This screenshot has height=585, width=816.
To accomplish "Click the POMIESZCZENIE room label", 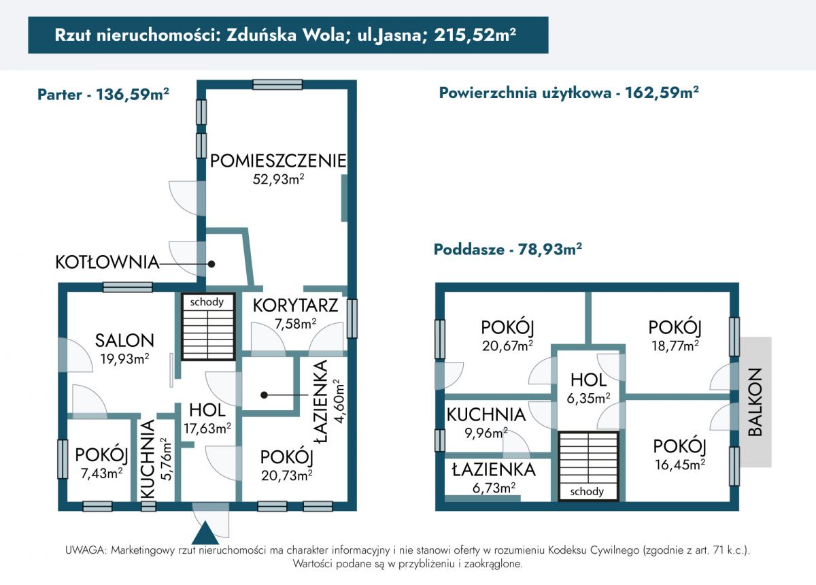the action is [278, 161].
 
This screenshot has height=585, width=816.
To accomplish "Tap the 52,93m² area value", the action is [278, 179].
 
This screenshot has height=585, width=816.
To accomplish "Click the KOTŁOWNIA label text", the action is [107, 263].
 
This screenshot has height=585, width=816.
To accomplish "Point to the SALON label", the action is [124, 340].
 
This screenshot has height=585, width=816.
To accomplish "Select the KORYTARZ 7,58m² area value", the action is [295, 323].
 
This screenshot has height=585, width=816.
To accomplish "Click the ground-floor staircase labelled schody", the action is [208, 327].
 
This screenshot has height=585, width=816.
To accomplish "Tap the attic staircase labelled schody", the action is [588, 466].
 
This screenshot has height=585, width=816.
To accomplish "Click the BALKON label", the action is [755, 402].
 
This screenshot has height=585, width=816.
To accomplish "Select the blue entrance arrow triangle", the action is [205, 533].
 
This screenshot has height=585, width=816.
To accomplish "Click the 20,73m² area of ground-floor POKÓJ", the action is [287, 475].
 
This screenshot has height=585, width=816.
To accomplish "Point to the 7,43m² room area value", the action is [101, 473].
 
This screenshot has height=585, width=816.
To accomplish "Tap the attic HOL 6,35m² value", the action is [588, 398].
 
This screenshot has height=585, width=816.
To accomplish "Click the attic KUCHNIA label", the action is [486, 415].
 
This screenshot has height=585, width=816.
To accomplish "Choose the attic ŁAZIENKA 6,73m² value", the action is [494, 487].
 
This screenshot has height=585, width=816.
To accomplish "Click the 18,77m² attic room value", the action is [675, 346].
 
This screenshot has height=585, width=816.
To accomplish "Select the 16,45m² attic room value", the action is [680, 465].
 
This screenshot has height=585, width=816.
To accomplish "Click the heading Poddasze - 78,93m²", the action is [508, 250].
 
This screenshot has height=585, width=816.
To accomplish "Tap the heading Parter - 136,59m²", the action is [103, 95].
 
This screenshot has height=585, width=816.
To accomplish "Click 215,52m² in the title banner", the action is [475, 35].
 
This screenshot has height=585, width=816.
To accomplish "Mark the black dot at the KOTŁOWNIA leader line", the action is [211, 264].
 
